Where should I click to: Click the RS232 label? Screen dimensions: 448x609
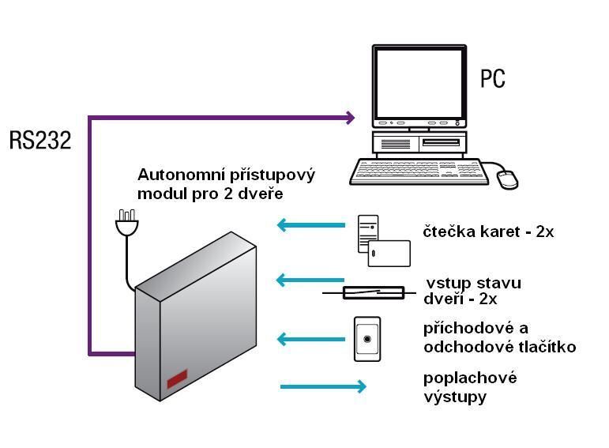coord(39,141)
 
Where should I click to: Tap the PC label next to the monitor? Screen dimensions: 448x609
coord(492,79)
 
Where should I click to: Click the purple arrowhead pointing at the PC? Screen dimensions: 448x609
coord(350,119)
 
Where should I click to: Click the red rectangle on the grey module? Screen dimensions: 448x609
coord(177,379)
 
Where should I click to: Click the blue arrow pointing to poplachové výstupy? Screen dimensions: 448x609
coord(323,386)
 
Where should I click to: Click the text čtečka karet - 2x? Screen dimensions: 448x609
coord(488,232)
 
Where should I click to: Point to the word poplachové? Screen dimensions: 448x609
coord(470,378)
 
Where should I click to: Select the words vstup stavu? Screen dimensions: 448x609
coord(473,283)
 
